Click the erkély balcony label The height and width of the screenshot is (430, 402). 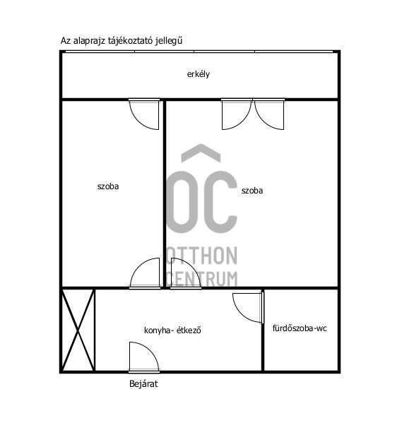click(199, 74)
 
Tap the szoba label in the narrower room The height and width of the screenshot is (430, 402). click(108, 187)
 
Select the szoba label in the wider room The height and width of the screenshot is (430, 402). click(252, 190)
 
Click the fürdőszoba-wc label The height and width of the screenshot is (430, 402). click(300, 328)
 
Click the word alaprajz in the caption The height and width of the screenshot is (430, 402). click(90, 42)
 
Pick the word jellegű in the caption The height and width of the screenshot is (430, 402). click(176, 42)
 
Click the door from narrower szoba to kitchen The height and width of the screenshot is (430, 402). click(146, 274)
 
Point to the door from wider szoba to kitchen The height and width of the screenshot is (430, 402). click(184, 274)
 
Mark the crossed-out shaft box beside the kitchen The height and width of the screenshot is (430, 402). click(78, 330)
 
